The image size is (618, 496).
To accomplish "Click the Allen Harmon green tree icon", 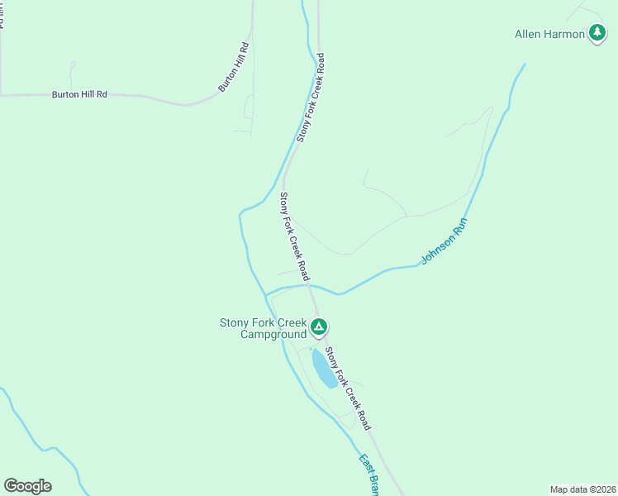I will [x=597, y=34].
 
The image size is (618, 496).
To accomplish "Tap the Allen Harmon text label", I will [x=549, y=34].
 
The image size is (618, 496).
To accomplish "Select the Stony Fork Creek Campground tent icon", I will [x=319, y=327].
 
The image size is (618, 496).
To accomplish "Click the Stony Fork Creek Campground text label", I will [x=263, y=328].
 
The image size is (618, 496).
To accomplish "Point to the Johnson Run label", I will [x=444, y=241].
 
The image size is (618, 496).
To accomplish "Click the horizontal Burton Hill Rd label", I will [x=79, y=94].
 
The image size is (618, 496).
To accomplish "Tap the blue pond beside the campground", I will [x=324, y=368].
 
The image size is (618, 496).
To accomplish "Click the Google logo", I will [x=27, y=486].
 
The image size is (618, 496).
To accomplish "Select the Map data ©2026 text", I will [x=582, y=489].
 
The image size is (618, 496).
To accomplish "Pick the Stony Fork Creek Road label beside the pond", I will [x=347, y=388].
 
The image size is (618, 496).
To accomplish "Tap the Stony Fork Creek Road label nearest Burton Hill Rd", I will [x=311, y=98].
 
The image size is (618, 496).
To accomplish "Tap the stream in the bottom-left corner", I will [x=33, y=442].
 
